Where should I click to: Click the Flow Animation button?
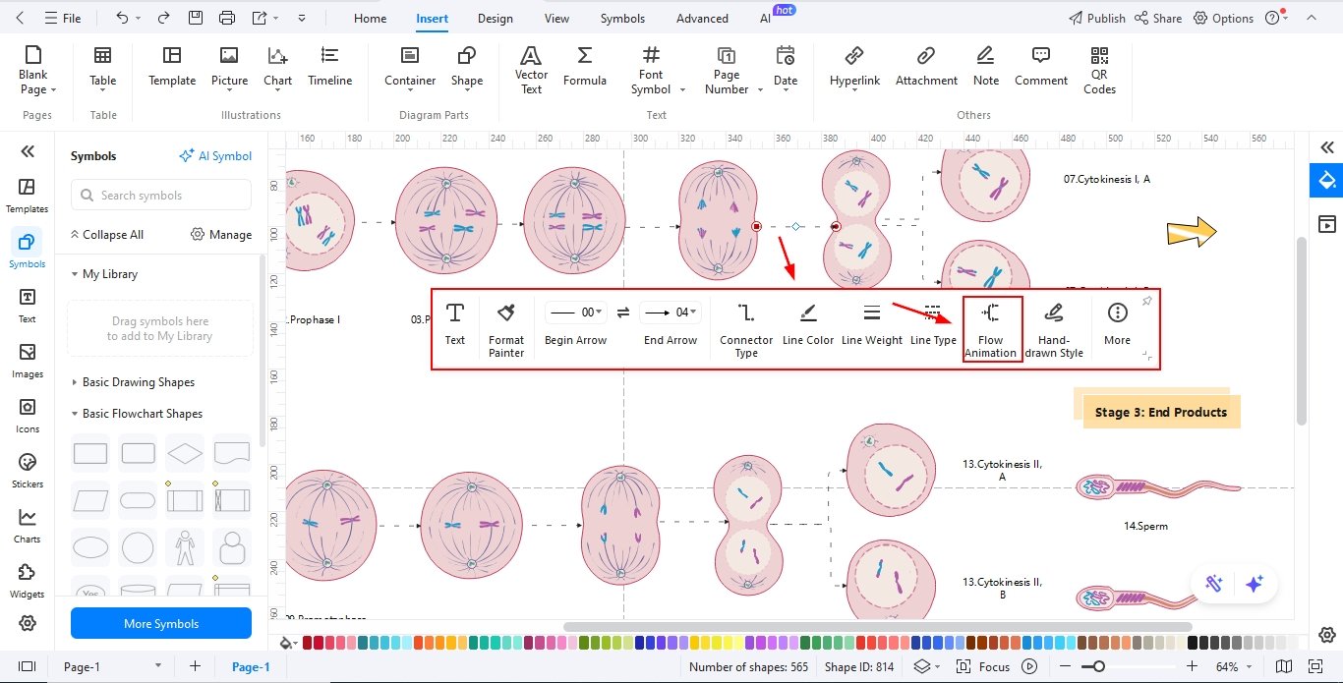[x=990, y=329]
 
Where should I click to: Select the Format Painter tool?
[x=506, y=329]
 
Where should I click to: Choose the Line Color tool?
[x=808, y=325]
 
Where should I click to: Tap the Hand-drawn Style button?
[x=1053, y=329]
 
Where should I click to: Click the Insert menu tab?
[x=432, y=18]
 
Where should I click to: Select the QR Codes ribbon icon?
[x=1099, y=70]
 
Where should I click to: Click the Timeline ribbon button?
[x=329, y=67]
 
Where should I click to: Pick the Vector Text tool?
[x=531, y=70]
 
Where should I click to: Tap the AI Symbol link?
[x=215, y=156]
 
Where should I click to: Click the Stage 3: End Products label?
[x=1161, y=413]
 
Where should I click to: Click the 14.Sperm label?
[x=1145, y=526]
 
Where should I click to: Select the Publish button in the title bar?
[x=1096, y=18]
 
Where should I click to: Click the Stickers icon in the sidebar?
[x=28, y=470]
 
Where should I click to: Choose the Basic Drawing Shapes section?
[x=138, y=382]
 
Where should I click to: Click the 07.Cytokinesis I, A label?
[x=1106, y=180]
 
